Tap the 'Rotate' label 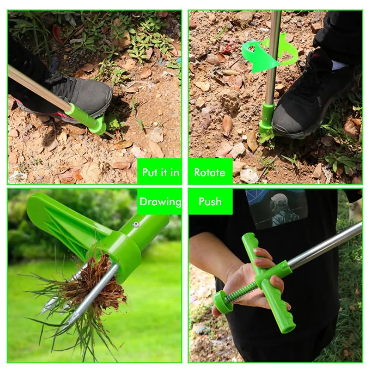point(210,172)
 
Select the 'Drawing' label point(160,202)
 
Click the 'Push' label point(210,202)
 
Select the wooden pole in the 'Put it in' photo point(37,89)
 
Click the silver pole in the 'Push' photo point(325,246)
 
